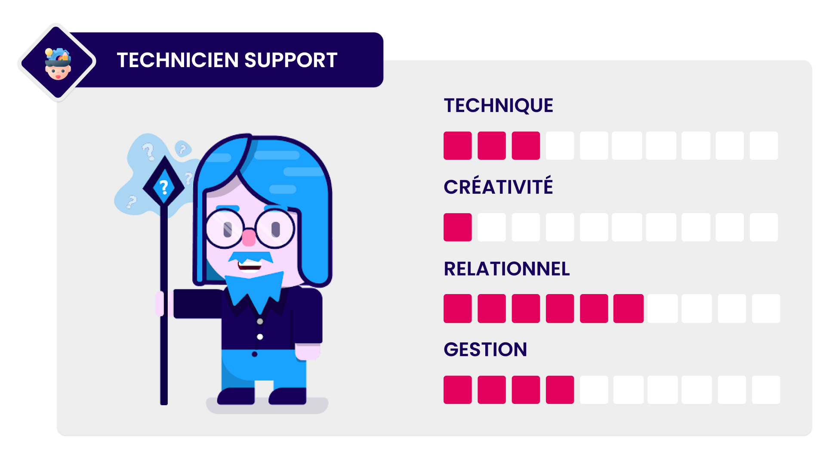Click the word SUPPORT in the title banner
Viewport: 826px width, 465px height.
(x=291, y=60)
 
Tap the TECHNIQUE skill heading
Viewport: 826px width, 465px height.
(x=498, y=105)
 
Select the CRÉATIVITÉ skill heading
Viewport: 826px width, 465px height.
(x=498, y=187)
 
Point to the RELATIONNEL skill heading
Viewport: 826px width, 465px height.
(x=506, y=269)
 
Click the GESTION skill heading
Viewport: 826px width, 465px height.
(x=485, y=349)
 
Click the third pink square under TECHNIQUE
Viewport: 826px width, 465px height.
(x=526, y=146)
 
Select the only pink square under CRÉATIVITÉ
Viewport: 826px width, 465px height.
(x=457, y=227)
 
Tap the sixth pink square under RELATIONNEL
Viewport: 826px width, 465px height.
(x=628, y=308)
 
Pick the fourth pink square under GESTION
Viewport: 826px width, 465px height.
(x=560, y=390)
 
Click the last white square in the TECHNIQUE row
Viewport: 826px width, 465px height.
(x=764, y=146)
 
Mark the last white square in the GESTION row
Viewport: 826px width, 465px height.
(x=766, y=390)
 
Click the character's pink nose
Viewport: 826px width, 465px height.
(x=249, y=237)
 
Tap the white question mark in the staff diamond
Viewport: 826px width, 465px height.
(x=163, y=187)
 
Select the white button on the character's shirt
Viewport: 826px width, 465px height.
(x=260, y=337)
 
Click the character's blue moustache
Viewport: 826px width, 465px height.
(x=250, y=257)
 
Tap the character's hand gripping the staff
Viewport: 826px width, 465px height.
(x=160, y=304)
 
